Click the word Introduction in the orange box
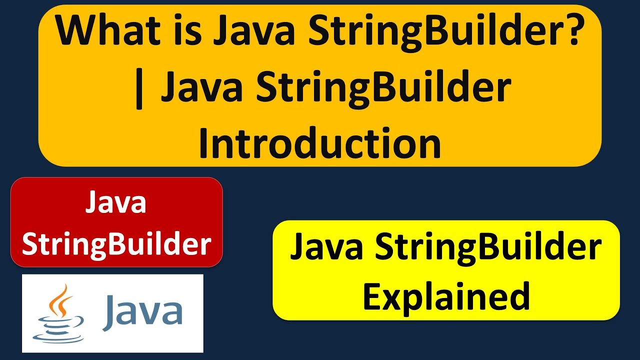320,143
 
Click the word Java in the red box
116,203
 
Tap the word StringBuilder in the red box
116,244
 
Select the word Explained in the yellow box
446,296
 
